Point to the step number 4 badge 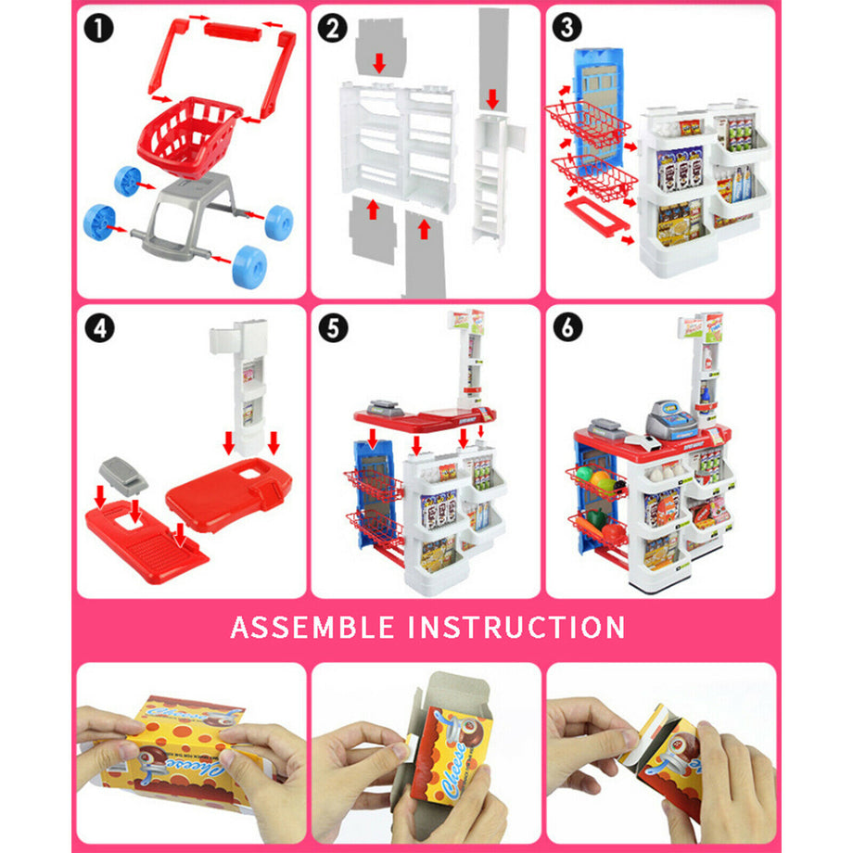[97, 327]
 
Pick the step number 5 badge [331, 327]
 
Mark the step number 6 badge [567, 327]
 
